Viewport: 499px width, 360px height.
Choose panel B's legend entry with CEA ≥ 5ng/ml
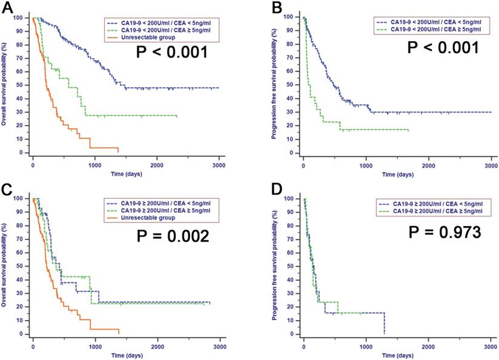[x=433, y=29]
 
